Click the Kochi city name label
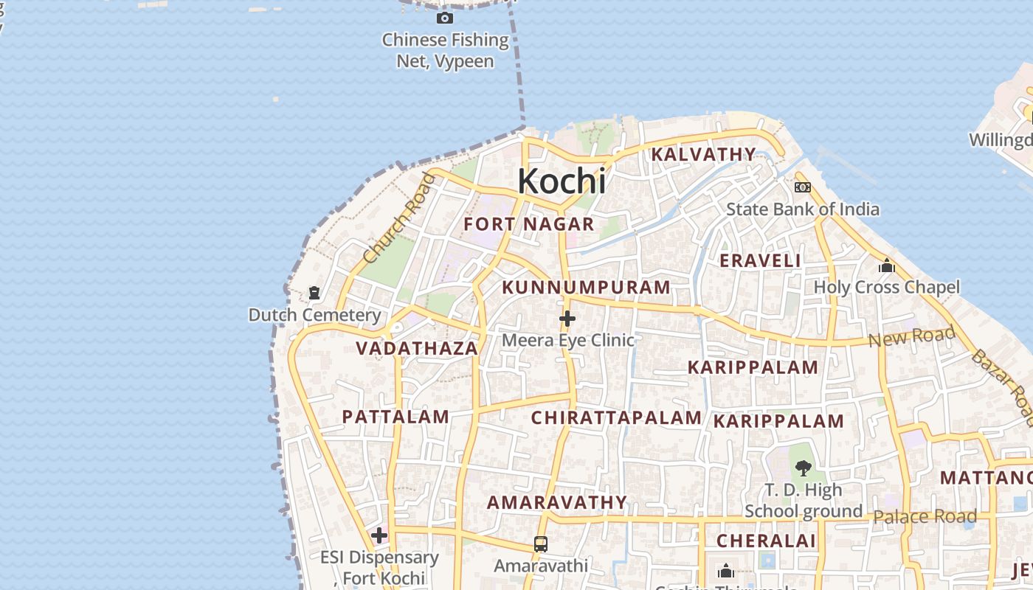coord(562,181)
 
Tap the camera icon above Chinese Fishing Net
coord(444,18)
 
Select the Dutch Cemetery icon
coord(314,293)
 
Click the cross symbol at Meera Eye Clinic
coord(567,319)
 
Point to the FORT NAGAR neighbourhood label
coord(529,224)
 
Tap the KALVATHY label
coord(703,154)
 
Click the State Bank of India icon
coord(802,187)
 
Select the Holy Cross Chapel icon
coord(886,265)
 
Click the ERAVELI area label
coord(760,260)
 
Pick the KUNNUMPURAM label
coord(587,287)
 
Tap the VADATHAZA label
coord(417,348)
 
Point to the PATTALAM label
coord(395,417)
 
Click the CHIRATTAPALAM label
coord(616,417)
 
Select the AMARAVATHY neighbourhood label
coord(556,502)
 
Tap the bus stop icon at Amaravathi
coord(540,544)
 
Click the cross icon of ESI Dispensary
coord(379,535)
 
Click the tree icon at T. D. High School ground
coord(803,468)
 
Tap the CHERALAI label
coord(766,541)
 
